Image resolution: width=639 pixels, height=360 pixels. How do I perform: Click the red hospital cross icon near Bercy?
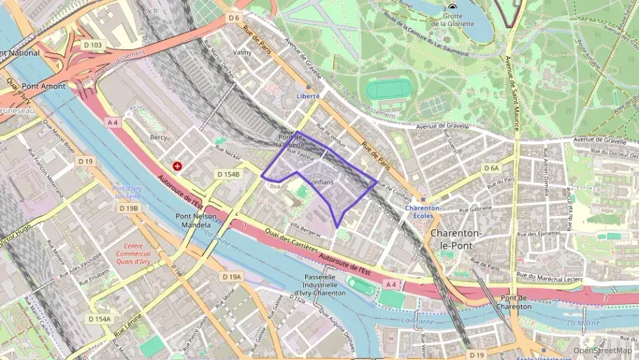click(177, 166)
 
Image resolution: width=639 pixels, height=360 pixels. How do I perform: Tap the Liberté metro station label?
click(308, 96)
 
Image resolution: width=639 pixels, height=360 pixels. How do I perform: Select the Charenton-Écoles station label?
click(423, 212)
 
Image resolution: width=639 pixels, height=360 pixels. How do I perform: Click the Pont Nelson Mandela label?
click(196, 221)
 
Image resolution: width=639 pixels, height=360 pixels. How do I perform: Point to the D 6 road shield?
click(234, 17)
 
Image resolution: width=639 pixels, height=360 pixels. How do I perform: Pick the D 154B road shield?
click(229, 174)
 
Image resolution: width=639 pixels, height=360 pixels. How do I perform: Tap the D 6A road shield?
click(492, 167)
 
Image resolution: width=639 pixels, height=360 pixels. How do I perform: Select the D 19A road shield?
click(231, 277)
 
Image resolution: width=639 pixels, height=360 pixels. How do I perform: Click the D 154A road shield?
click(99, 319)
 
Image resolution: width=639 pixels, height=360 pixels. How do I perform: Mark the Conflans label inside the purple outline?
click(321, 183)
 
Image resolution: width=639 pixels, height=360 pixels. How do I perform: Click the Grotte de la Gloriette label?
click(451, 20)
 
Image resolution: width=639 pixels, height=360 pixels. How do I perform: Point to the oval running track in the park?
click(388, 89)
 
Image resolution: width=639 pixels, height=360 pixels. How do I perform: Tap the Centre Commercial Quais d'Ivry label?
click(133, 253)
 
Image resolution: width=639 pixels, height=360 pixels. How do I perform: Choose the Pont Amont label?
click(44, 87)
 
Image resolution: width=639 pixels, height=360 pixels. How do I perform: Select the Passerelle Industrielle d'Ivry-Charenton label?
click(321, 285)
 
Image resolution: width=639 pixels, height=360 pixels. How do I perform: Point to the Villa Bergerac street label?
click(304, 225)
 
